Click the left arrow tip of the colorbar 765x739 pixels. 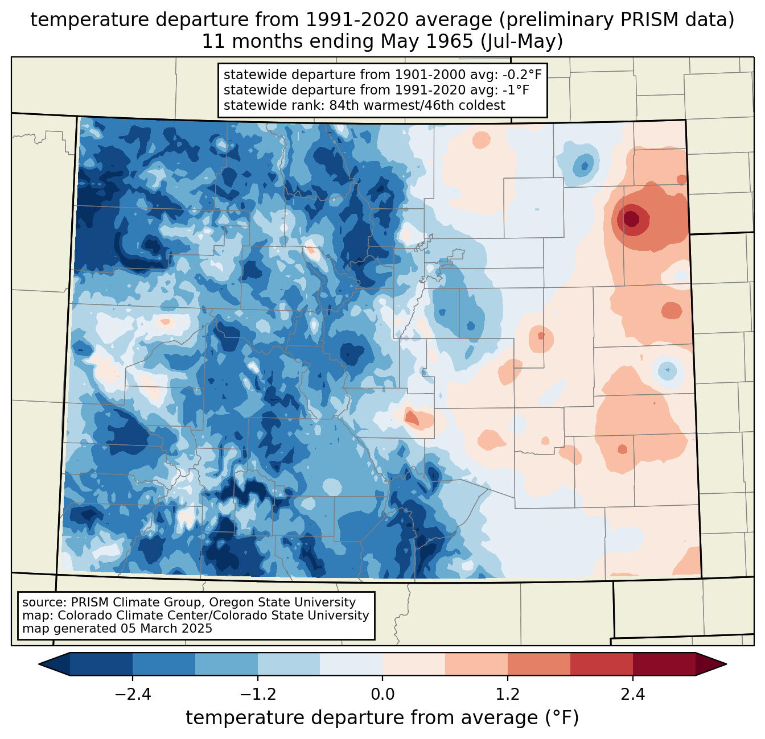click(x=39, y=664)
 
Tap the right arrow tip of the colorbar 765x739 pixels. click(x=726, y=664)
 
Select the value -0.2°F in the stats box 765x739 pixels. click(x=522, y=75)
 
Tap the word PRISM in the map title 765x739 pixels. click(x=643, y=20)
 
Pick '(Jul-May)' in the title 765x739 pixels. click(x=521, y=42)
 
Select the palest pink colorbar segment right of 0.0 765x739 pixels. click(x=414, y=664)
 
